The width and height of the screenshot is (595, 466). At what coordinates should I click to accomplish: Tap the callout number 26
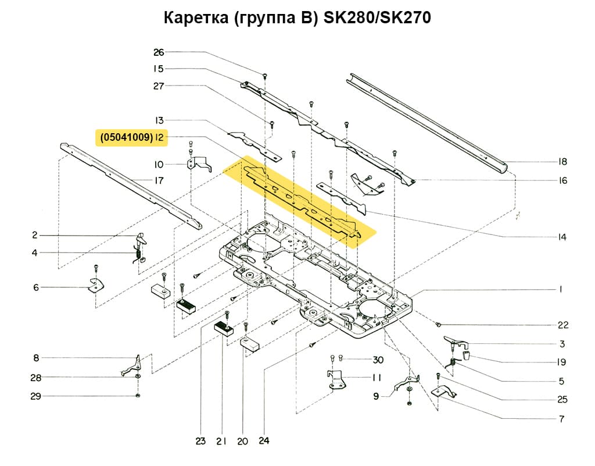click(x=159, y=52)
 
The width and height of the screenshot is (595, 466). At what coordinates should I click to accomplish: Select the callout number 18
click(x=562, y=162)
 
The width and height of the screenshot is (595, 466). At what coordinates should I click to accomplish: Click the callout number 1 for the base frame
click(x=561, y=289)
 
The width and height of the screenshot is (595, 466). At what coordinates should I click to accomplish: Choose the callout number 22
click(x=562, y=325)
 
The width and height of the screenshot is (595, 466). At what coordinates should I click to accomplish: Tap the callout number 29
click(x=35, y=396)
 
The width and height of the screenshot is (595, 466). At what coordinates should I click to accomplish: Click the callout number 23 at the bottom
click(x=200, y=442)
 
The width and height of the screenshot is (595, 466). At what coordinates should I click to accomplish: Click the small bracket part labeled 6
click(x=94, y=285)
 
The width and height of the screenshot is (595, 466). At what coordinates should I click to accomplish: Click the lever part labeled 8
click(x=132, y=367)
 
